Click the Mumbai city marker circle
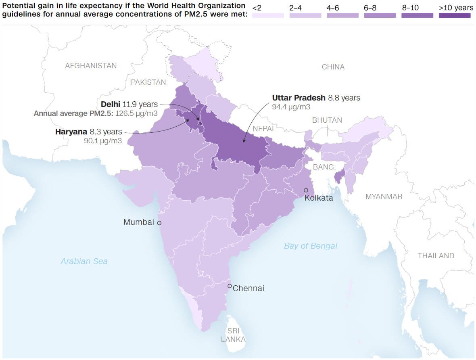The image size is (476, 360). [159, 223]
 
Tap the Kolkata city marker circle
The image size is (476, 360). [306, 190]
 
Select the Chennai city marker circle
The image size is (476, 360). [230, 286]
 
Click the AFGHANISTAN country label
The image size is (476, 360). [91, 66]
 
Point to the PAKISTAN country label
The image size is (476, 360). [148, 82]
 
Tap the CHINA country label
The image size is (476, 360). [333, 67]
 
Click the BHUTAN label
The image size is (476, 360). [327, 120]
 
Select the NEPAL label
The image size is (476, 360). [264, 129]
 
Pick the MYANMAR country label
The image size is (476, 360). [384, 197]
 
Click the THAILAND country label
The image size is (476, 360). [436, 256]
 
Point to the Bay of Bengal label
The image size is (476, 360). [310, 246]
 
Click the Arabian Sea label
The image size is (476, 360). [84, 262]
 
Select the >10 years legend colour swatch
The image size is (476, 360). [455, 15]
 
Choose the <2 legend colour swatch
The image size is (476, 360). [268, 15]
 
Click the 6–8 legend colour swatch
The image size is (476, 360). [380, 15]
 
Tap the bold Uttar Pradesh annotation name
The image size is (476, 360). [299, 98]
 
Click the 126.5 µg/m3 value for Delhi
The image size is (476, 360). [136, 113]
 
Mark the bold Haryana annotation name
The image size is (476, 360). [71, 132]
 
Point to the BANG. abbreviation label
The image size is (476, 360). [324, 167]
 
